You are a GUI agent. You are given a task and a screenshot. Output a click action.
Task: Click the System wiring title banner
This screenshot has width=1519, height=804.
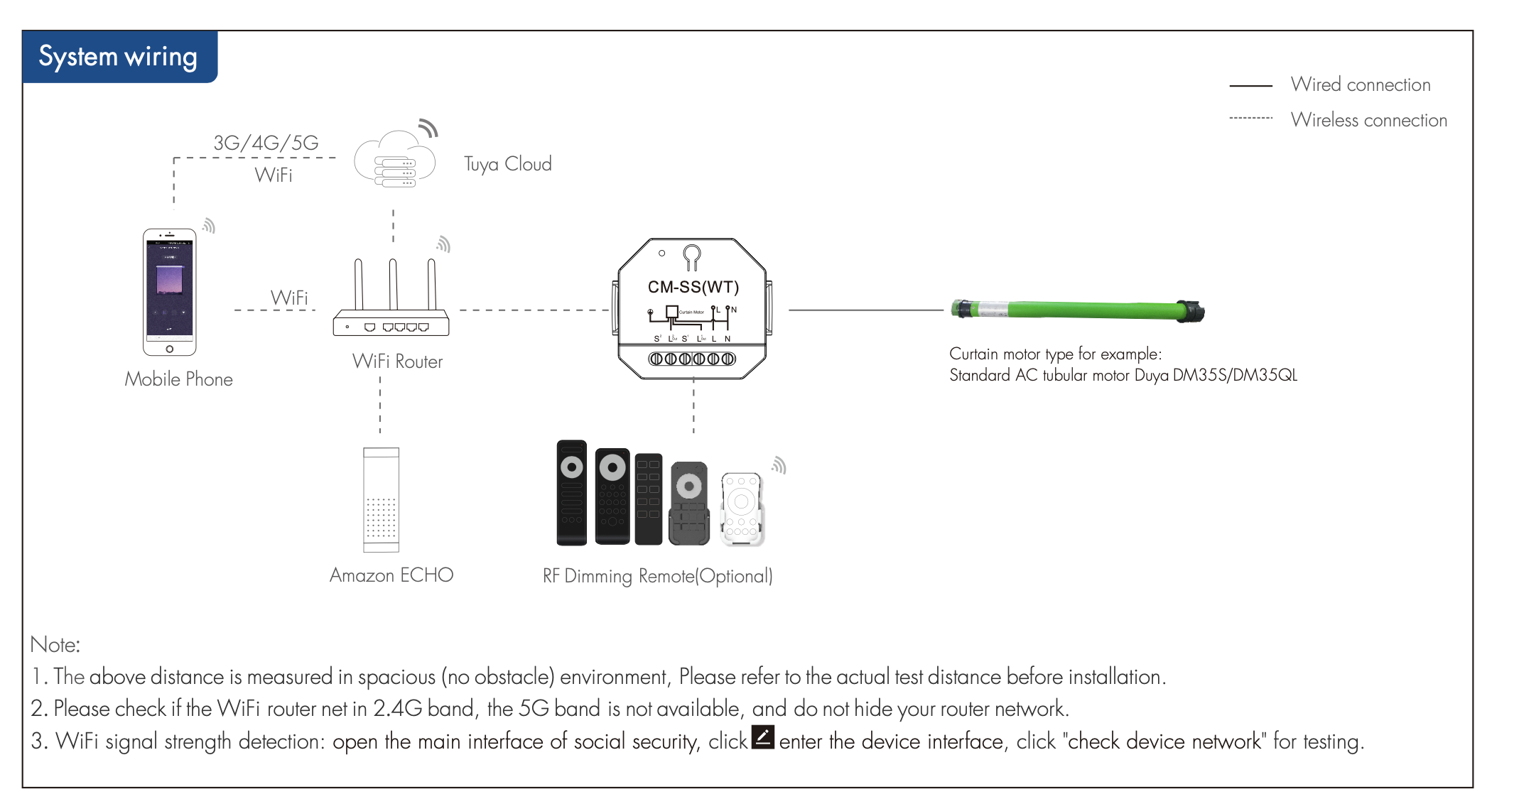(119, 57)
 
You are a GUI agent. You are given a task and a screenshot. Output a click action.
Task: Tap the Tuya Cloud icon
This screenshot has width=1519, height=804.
(395, 160)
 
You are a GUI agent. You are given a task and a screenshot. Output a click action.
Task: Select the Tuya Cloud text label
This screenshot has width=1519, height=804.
(507, 164)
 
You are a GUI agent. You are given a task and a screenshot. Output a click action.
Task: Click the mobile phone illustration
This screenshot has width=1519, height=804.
(170, 292)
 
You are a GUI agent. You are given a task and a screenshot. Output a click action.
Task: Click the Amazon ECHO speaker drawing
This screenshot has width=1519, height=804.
(381, 499)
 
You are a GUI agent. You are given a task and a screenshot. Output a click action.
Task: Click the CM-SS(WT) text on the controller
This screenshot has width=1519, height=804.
(693, 287)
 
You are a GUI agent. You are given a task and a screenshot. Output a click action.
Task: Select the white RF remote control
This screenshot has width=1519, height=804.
(742, 509)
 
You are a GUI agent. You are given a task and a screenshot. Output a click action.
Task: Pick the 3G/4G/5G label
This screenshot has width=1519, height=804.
(266, 143)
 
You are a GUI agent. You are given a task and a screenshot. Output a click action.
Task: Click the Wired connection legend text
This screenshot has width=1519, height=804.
(1360, 85)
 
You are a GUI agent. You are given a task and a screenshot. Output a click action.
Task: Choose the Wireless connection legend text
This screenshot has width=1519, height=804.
(1368, 120)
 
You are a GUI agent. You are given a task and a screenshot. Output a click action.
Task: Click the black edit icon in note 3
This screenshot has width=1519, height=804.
(763, 737)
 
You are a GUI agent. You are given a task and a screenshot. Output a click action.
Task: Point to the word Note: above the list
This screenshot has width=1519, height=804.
(55, 644)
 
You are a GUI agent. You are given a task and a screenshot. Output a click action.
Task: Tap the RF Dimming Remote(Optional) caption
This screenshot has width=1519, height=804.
(657, 575)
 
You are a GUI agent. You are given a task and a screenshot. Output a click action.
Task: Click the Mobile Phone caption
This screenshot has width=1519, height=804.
(178, 379)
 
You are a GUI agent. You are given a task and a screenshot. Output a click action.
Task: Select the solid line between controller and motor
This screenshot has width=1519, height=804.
(865, 310)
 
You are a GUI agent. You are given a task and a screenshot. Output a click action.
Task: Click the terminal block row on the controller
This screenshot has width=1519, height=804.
(692, 359)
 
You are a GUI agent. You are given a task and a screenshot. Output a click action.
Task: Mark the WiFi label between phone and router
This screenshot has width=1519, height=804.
(288, 298)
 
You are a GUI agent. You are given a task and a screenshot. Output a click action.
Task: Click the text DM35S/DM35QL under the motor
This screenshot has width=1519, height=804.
(1235, 375)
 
